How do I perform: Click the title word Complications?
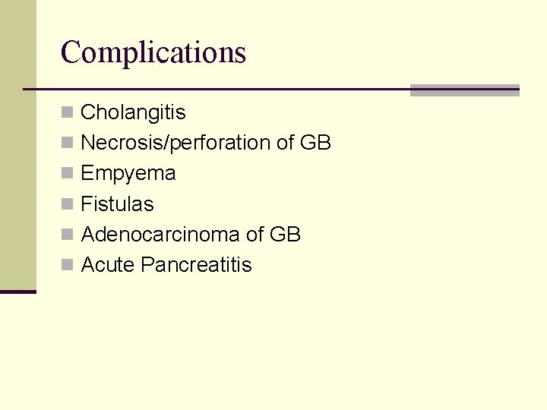(x=153, y=52)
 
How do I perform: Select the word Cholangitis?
(x=133, y=112)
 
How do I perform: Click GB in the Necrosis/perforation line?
(x=315, y=143)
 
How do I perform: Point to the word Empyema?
(x=128, y=174)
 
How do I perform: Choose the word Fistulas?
(x=117, y=204)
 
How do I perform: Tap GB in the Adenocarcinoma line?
(x=285, y=235)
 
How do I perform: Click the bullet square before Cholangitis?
(x=68, y=113)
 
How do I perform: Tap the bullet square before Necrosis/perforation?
(x=68, y=143)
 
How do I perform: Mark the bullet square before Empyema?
(x=68, y=174)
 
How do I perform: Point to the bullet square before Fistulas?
(x=68, y=204)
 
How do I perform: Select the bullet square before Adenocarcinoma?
(x=68, y=235)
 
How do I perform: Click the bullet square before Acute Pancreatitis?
(x=68, y=265)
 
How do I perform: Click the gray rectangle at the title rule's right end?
(x=464, y=90)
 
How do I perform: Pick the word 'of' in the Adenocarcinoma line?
(x=255, y=235)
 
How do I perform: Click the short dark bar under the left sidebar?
(x=17, y=292)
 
